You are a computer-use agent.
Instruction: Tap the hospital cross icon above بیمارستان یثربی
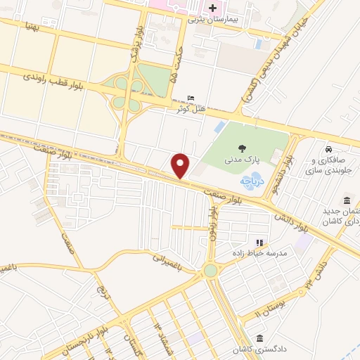click(213, 8)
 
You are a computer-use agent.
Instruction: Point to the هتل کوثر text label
click(190, 109)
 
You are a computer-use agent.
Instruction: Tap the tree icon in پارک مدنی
click(243, 148)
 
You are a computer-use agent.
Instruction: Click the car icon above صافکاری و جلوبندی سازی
click(329, 149)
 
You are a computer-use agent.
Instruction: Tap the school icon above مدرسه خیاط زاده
click(259, 243)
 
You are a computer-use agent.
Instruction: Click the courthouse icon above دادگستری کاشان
click(260, 338)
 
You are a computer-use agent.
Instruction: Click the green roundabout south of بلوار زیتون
click(211, 271)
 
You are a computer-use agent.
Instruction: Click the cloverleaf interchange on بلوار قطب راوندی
click(128, 94)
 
